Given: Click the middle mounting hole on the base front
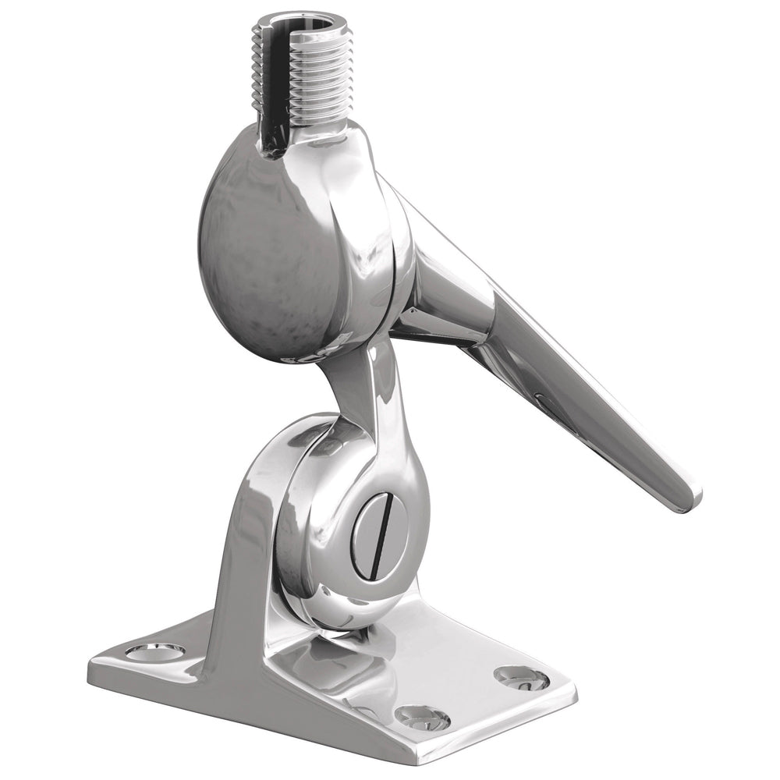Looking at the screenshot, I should (x=422, y=717).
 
